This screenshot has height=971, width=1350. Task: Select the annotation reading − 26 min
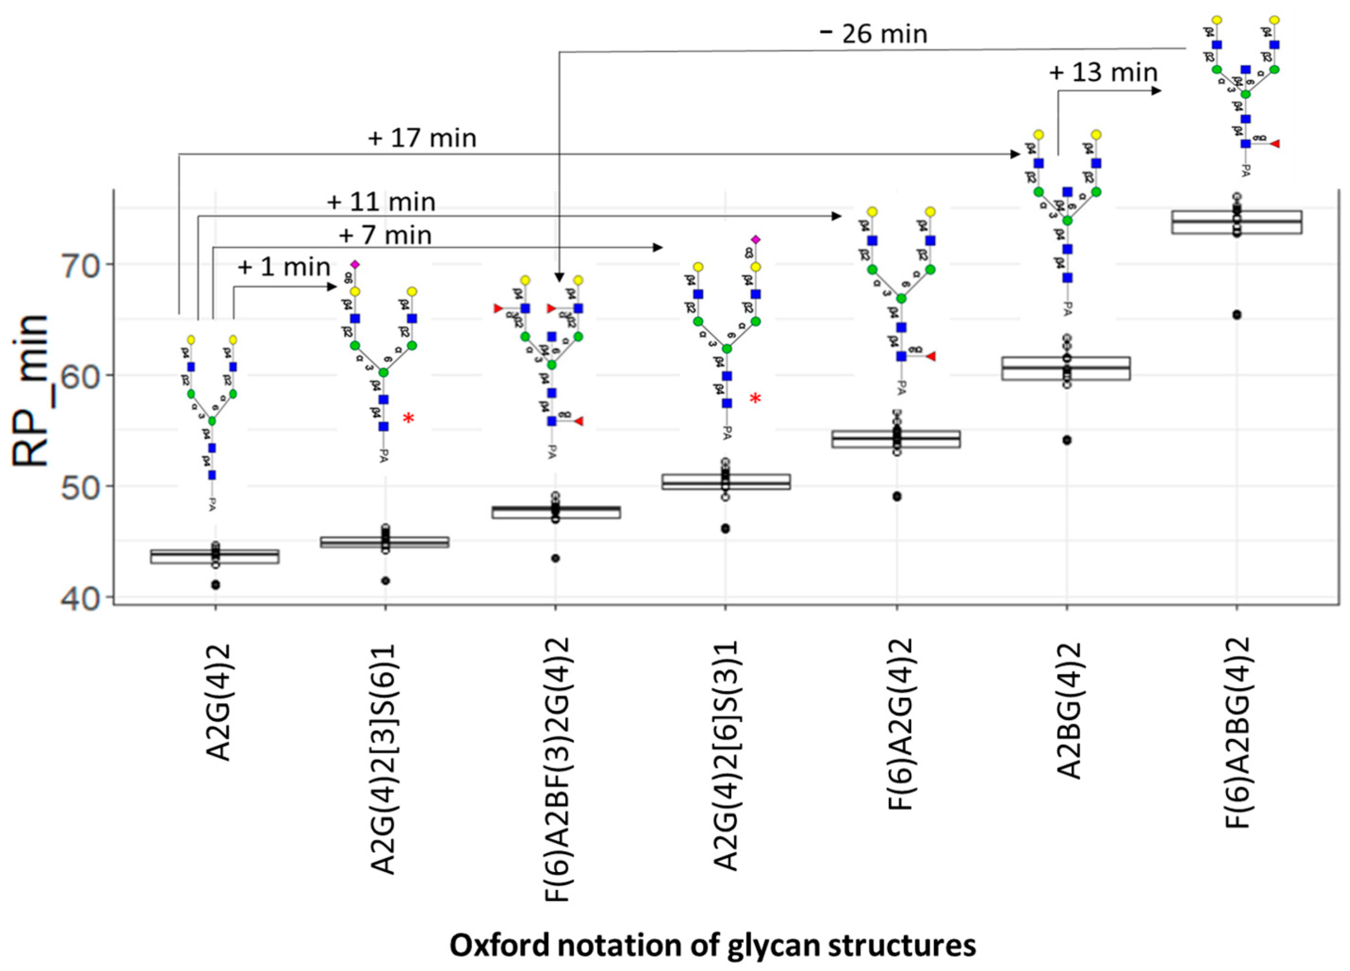coord(873,34)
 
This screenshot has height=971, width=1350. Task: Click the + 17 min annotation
coord(422,139)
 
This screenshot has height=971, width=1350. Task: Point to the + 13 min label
coord(1103,73)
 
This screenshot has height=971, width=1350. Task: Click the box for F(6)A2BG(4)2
coord(1236,222)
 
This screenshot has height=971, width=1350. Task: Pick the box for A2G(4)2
coord(215,556)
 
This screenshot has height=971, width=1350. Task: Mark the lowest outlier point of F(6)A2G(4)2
coord(897,496)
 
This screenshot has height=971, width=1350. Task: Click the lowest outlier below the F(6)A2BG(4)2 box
coord(1236,315)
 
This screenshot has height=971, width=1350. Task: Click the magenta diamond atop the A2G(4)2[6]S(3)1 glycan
coord(755,239)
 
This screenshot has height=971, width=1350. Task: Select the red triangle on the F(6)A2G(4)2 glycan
coord(931,356)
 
